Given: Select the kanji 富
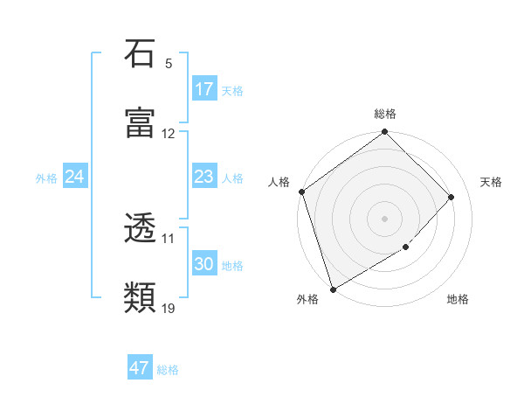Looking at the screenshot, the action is coord(141,124).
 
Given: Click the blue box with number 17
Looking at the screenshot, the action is coord(204,89).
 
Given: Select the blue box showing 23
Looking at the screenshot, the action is coord(204,177).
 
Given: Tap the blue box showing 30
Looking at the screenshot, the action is coord(204,264).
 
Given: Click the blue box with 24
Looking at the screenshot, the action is coord(75,177).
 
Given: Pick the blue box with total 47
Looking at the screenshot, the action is coord(140,368).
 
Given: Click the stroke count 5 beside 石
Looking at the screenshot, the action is coord(169,64).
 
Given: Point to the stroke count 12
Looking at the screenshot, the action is coord(169,134).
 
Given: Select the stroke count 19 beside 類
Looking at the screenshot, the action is coord(169,309).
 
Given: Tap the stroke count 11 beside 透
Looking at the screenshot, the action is coord(169,238).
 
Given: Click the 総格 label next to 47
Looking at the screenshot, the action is coord(168,370).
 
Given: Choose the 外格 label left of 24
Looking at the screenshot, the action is coord(46,178).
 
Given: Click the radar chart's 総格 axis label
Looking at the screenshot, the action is coord(385,114).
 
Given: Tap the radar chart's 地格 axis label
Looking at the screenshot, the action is coord(458,300).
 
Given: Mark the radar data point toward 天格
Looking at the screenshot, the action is coord(452,197).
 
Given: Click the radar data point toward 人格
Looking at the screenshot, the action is coord(301,192).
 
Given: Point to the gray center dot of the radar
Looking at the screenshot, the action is coord(385,219).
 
